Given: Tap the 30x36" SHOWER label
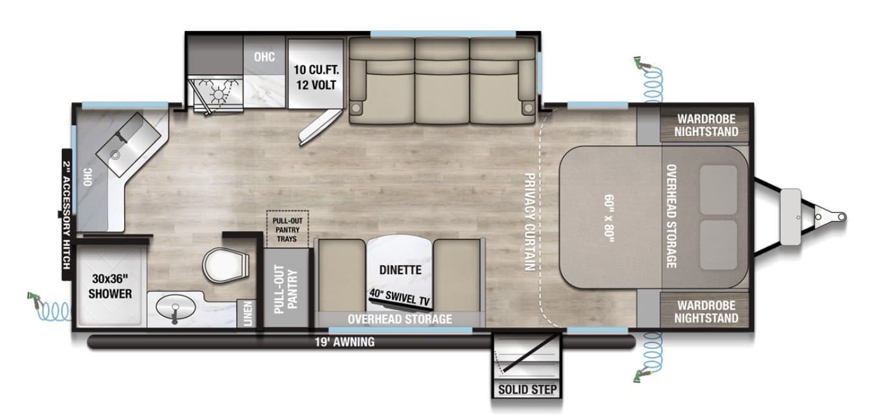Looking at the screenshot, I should pyautogui.click(x=110, y=287).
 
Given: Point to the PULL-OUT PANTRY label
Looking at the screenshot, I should pyautogui.click(x=284, y=288).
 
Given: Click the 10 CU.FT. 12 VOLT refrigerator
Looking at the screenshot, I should pyautogui.click(x=316, y=77).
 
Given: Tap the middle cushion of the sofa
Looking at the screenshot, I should pyautogui.click(x=442, y=81).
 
